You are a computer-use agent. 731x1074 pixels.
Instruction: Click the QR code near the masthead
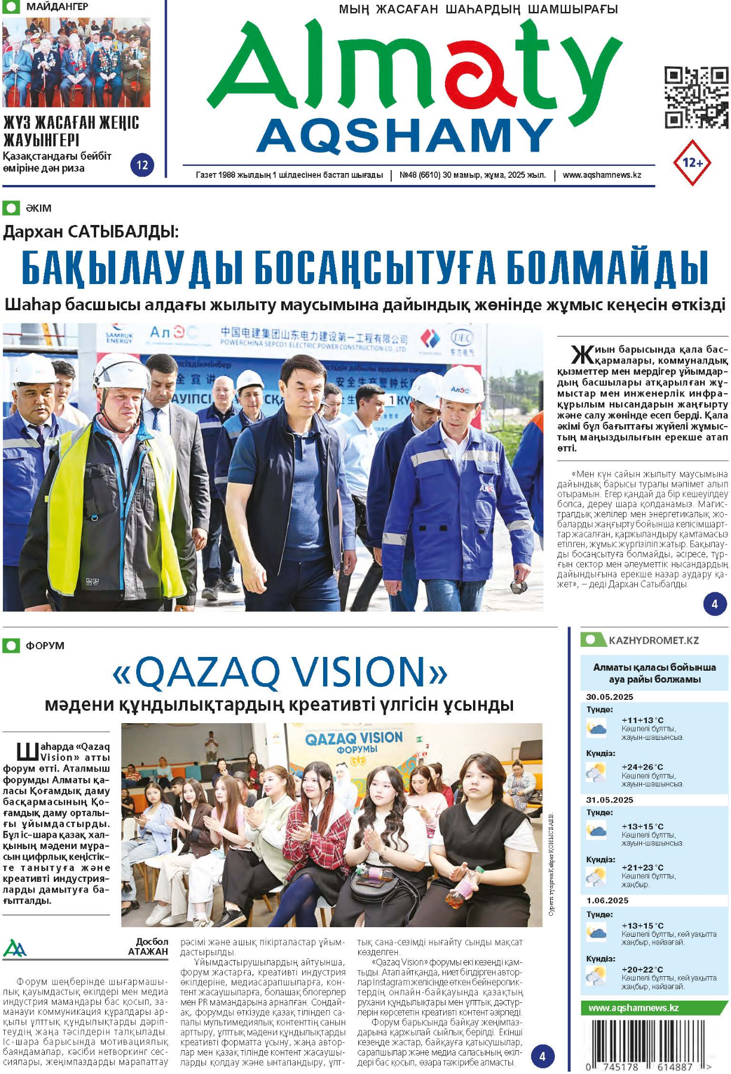coord(696,98)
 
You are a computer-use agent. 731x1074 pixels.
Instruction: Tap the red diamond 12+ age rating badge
coord(692,162)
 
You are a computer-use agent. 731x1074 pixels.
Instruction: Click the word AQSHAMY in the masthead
coord(405,136)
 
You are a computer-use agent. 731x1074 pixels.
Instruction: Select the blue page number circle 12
coord(142,165)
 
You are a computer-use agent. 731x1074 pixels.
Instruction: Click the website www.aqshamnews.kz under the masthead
coord(601,175)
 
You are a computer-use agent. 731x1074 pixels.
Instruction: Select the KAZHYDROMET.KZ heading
coord(653,640)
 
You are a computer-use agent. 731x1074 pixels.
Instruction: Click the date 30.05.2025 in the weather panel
coord(609,697)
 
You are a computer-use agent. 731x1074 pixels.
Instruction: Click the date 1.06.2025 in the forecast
coord(607,900)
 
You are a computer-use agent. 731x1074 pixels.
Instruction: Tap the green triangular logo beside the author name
coord(14,948)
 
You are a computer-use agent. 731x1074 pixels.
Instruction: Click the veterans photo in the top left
coord(76,63)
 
